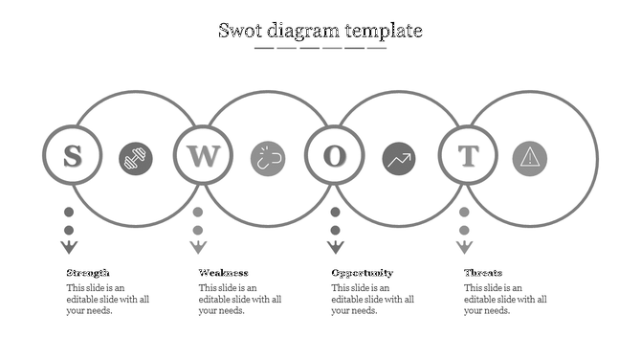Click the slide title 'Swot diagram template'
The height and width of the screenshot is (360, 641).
tap(320, 31)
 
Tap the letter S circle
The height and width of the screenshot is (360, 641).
tap(71, 155)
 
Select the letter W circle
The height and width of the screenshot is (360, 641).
tap(203, 155)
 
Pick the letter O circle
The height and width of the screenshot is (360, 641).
tap(334, 155)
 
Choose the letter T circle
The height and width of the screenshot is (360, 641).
tap(468, 155)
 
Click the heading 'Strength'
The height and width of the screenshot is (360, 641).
tap(88, 273)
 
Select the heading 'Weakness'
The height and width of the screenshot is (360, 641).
tap(223, 273)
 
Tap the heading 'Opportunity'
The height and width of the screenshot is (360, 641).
tap(362, 273)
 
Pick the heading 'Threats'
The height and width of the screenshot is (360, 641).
tap(483, 273)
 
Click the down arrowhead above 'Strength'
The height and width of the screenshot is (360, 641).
tap(69, 247)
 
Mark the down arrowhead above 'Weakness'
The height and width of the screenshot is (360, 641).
tap(198, 247)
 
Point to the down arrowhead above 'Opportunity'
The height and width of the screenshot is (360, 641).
tap(335, 247)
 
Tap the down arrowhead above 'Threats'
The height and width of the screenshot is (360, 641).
tap(464, 247)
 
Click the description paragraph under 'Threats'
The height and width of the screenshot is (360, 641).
tap(505, 299)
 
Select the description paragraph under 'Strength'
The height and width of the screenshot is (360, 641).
tap(107, 299)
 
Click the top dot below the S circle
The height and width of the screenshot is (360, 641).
tap(69, 213)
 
